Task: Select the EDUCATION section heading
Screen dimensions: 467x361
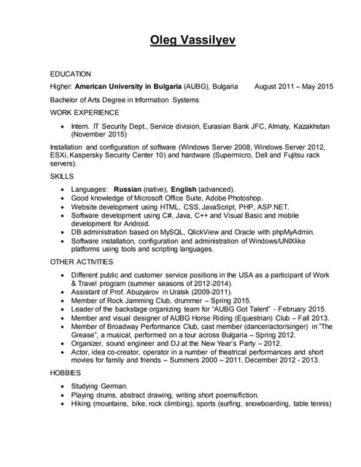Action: [70, 74]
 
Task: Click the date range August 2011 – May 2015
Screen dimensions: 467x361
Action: [293, 86]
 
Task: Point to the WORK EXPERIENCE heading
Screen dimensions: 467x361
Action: [84, 112]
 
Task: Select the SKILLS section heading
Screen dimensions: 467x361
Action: [61, 177]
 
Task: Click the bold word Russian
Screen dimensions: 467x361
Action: [128, 189]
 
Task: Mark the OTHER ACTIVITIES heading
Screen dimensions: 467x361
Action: [81, 261]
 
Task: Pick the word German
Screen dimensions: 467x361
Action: [117, 385]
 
